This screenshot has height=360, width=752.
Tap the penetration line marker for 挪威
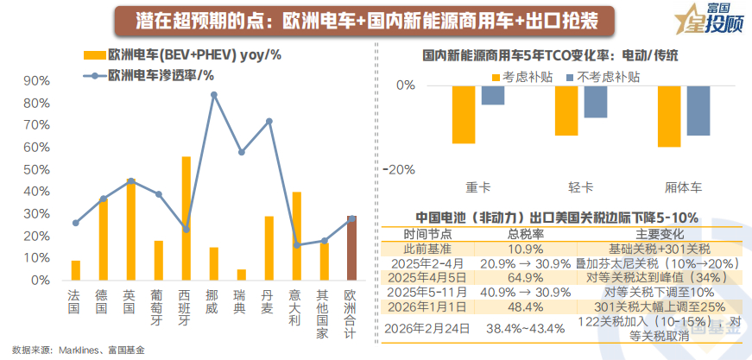(x=213, y=94)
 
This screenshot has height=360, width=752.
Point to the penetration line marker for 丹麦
(x=269, y=121)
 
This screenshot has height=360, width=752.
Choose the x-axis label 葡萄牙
(x=158, y=306)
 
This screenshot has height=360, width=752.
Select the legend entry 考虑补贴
(x=519, y=77)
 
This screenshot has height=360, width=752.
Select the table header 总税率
(x=525, y=234)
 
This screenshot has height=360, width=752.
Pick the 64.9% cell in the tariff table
(x=525, y=278)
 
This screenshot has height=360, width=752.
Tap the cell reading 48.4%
(x=525, y=306)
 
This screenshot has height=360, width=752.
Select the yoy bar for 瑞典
(x=241, y=275)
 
